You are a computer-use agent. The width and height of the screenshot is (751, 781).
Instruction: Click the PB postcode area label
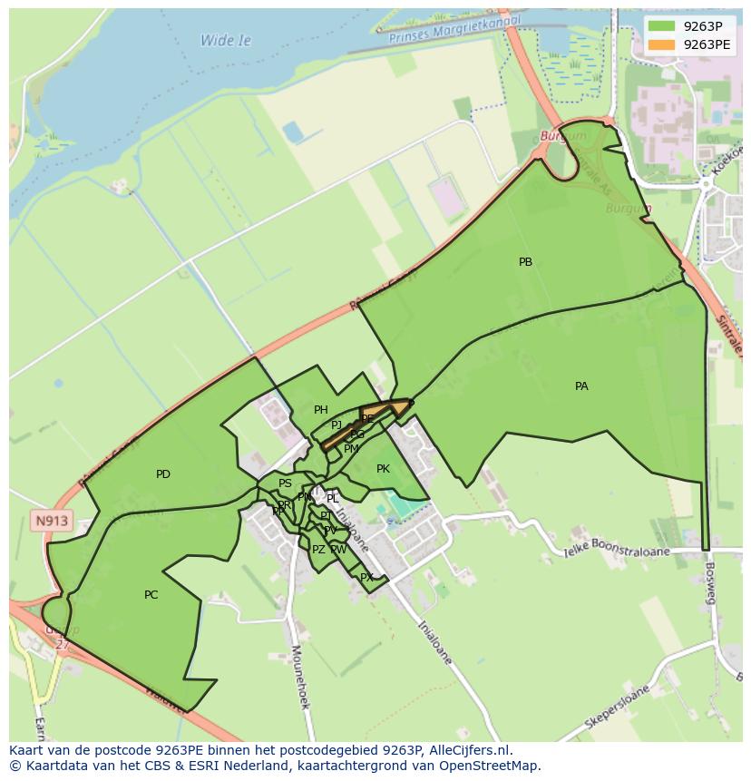(x=525, y=262)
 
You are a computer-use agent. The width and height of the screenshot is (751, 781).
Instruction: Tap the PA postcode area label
(x=581, y=386)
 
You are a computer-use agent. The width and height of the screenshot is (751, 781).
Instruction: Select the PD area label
(x=163, y=474)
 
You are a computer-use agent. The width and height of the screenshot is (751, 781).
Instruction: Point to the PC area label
(x=151, y=595)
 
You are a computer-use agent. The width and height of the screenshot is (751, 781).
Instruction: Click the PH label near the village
(x=320, y=410)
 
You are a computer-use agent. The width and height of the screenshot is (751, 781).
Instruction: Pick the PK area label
(x=383, y=469)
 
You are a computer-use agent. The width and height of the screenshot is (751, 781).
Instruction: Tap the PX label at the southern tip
(x=366, y=577)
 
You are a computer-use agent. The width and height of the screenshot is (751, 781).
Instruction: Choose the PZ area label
(x=318, y=550)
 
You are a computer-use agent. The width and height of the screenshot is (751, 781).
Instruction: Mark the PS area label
(x=285, y=483)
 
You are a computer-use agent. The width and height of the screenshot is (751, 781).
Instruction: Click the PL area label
(x=333, y=499)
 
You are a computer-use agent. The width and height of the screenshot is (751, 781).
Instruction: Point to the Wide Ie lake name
(x=225, y=41)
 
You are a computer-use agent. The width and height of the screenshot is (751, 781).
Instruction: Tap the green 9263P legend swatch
(x=662, y=25)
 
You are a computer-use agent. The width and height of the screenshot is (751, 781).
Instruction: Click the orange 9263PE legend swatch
(x=662, y=44)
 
